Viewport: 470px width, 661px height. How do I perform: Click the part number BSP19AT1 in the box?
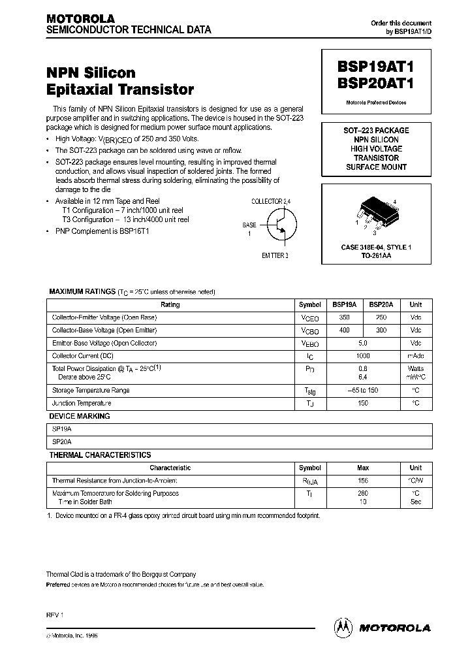click(376, 67)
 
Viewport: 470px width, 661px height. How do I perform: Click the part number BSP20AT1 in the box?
click(376, 84)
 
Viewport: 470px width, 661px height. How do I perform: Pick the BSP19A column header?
click(344, 304)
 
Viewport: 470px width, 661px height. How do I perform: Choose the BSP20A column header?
click(381, 304)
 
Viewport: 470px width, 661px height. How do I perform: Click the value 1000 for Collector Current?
click(363, 356)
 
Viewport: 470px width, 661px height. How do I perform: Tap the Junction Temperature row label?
click(82, 404)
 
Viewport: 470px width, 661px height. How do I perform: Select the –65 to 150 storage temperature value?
click(363, 391)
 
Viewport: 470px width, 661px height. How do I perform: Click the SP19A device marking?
click(63, 430)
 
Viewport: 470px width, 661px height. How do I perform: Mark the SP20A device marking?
click(63, 442)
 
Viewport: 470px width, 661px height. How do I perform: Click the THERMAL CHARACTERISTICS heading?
click(101, 455)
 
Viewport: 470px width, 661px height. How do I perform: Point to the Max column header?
click(363, 468)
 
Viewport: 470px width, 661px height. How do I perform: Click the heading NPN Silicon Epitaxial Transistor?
click(119, 80)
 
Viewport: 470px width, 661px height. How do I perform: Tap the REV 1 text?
click(55, 615)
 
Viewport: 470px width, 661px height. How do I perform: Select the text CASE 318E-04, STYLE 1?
click(376, 248)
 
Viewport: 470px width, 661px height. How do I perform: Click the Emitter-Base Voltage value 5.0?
click(363, 343)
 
